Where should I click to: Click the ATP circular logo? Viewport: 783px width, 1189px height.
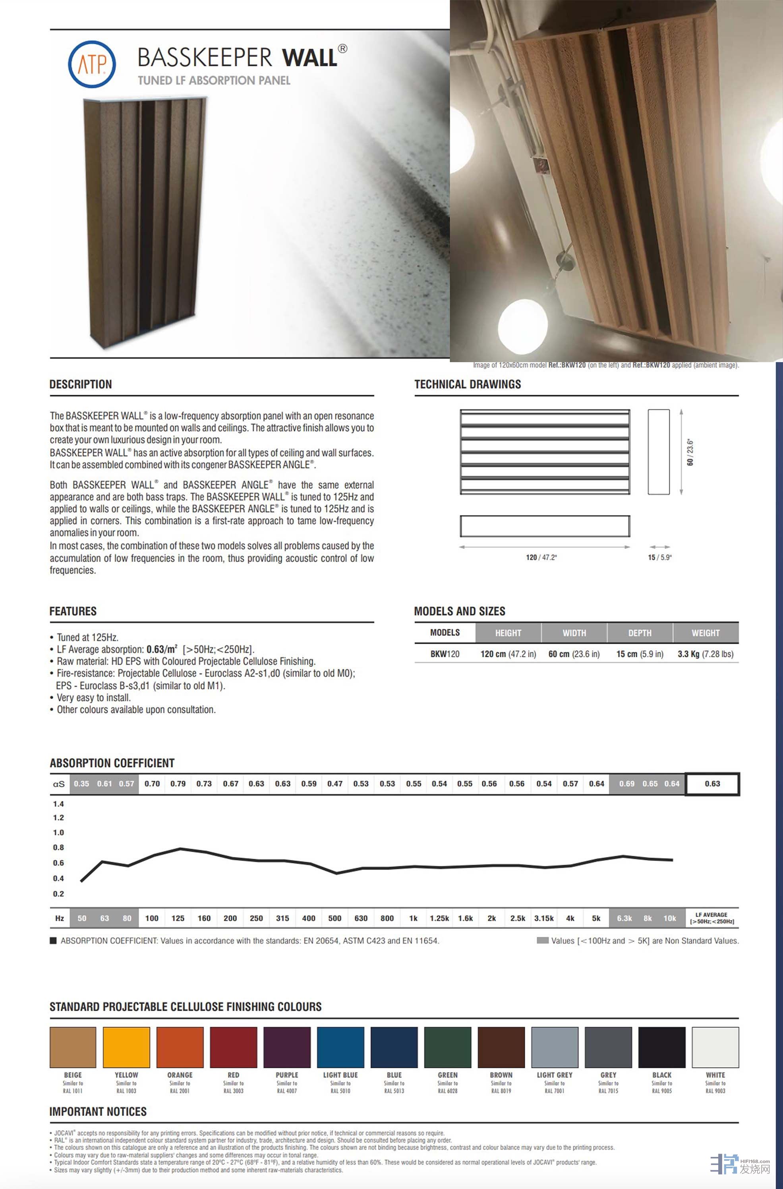(92, 64)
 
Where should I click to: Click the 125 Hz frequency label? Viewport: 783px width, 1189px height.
(178, 918)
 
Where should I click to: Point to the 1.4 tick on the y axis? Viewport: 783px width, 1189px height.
(58, 804)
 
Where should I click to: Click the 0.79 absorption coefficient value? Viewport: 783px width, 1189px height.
(178, 784)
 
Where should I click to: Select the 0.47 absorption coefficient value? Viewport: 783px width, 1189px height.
(335, 784)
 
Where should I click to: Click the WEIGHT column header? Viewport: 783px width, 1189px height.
(706, 633)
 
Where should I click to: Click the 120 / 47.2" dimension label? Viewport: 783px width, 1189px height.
(541, 558)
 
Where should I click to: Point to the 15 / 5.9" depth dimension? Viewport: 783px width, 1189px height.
(659, 558)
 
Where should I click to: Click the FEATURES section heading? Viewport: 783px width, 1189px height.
(73, 611)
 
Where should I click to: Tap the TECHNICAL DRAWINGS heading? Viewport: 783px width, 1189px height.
(468, 384)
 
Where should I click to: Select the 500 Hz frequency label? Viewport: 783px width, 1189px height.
(335, 918)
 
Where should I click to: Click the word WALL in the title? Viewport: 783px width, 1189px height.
(310, 58)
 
